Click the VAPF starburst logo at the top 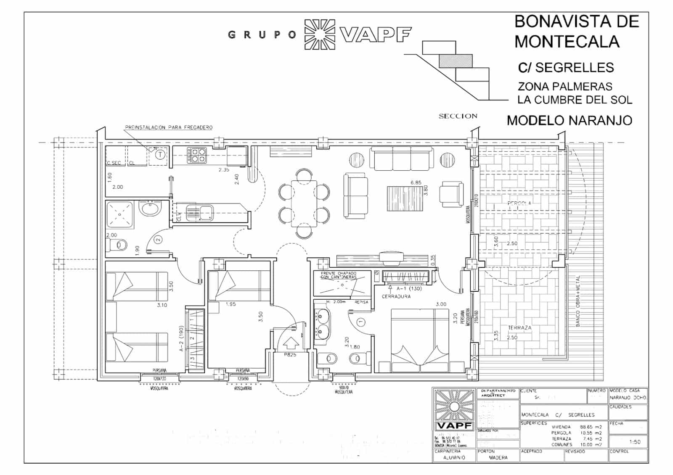[x=320, y=34]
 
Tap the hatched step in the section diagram [x=456, y=61]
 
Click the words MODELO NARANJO [x=569, y=121]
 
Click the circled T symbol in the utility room [x=160, y=155]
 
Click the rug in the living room [x=403, y=199]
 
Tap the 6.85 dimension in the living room [x=416, y=183]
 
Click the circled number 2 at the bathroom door [x=158, y=240]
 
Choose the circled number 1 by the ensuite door [x=360, y=322]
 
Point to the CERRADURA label [x=396, y=296]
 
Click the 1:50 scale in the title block [x=635, y=442]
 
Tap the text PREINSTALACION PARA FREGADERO [x=169, y=127]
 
